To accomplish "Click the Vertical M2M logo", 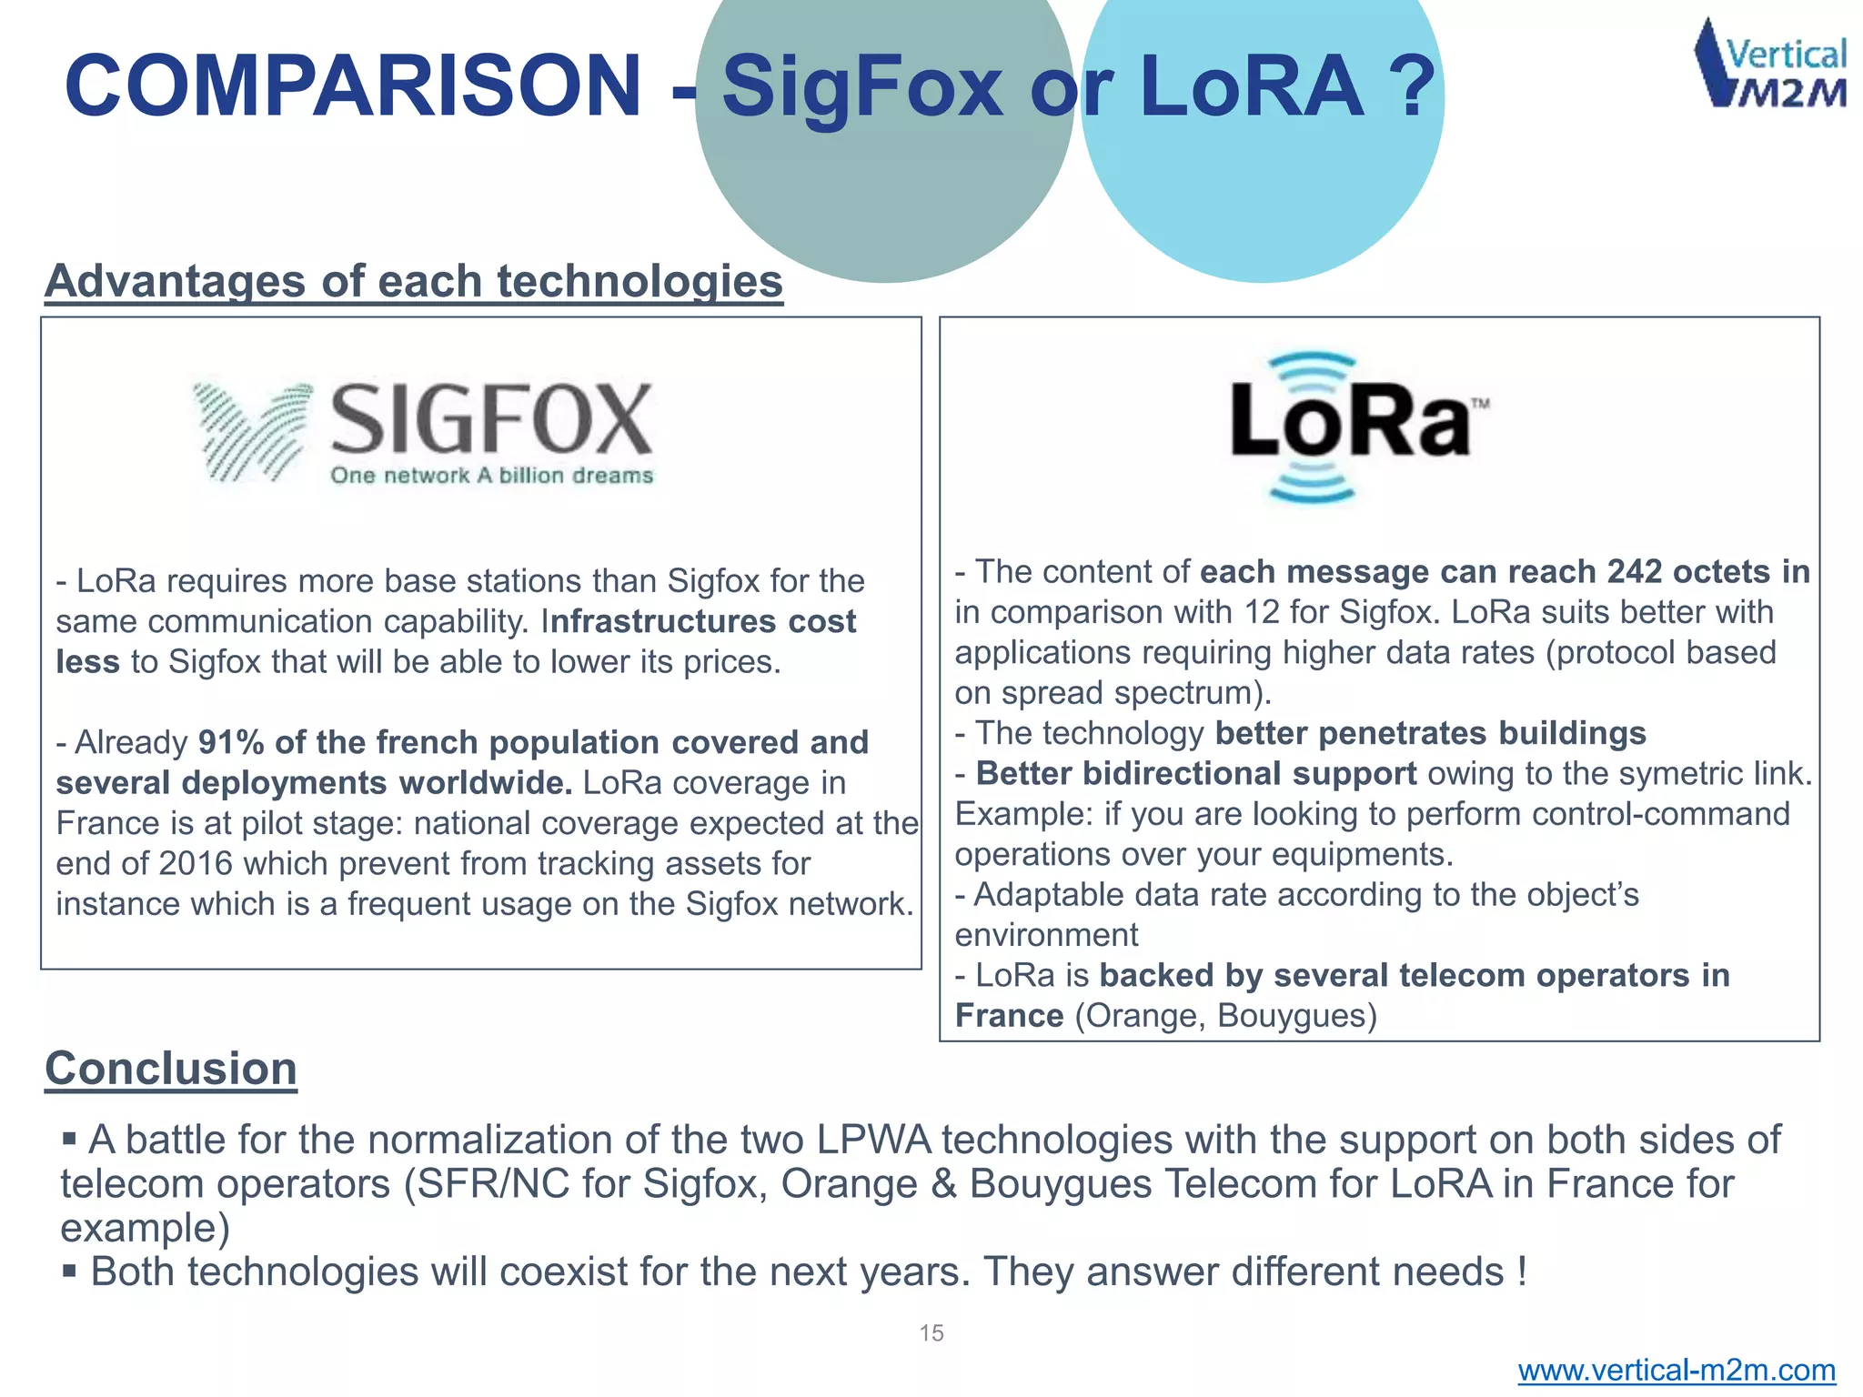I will (x=1769, y=65).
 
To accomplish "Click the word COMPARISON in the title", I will (x=353, y=86).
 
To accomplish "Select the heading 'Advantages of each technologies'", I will (x=414, y=281).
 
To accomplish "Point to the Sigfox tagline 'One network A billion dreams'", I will (x=491, y=476).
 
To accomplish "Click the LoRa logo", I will (x=1351, y=427).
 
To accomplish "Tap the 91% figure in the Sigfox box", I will (x=231, y=742).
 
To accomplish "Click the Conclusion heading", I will (x=171, y=1069).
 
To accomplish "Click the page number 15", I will (x=931, y=1333).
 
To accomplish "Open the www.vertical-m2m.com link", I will (x=1677, y=1370).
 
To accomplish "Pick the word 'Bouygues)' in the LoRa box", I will (x=1297, y=1015).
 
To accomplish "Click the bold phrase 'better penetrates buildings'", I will (x=1430, y=733).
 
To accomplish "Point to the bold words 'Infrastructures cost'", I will (x=699, y=621).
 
